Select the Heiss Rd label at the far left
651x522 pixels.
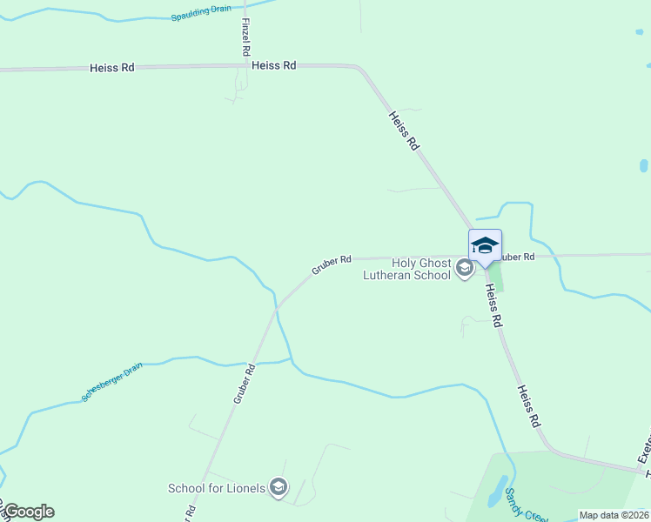[111, 68]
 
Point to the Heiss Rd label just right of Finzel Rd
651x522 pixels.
[273, 65]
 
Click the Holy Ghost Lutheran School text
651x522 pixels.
[408, 269]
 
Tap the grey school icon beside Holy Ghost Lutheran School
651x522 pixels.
[465, 268]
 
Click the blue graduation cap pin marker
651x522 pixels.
[485, 246]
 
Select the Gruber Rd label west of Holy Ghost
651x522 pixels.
[332, 264]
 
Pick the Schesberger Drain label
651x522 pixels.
[112, 383]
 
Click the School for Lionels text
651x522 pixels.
[217, 488]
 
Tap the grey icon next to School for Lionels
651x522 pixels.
[278, 487]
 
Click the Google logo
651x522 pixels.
[29, 512]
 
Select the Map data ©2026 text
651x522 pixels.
[614, 515]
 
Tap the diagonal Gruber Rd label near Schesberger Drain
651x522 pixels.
[244, 383]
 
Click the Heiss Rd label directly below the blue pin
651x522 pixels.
[494, 308]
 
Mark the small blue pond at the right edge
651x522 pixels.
[644, 165]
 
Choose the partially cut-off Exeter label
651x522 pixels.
[644, 448]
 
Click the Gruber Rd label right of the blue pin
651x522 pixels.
[516, 257]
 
